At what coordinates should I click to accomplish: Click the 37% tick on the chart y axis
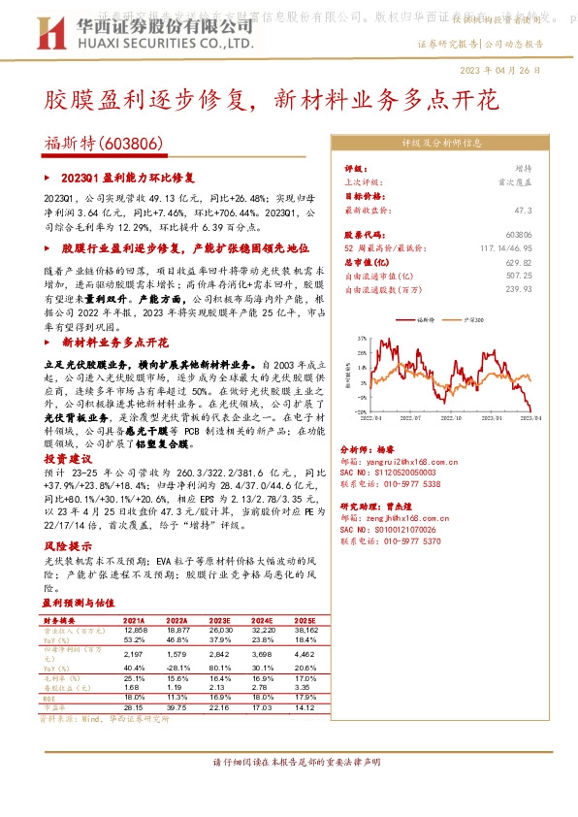pos(361,339)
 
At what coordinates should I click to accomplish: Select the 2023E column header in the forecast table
pos(219,619)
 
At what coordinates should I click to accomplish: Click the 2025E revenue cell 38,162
pos(305,630)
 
